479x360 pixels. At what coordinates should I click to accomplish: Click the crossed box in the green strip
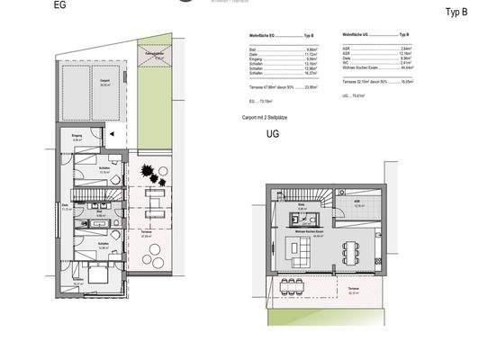pyautogui.click(x=158, y=56)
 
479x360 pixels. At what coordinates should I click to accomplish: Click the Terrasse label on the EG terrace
pyautogui.click(x=147, y=231)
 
